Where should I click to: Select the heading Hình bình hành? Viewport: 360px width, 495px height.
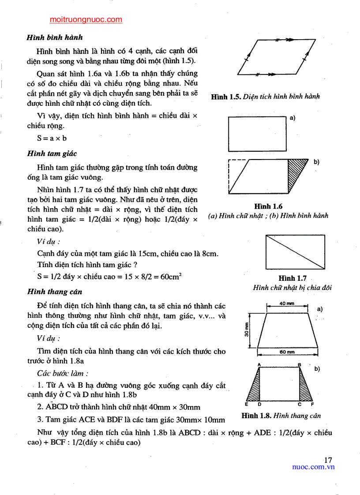coord(55,38)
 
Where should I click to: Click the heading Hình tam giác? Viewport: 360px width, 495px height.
coord(52,154)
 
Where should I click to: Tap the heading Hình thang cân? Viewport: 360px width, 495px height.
coord(54,292)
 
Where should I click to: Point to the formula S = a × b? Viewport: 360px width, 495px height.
coord(52,138)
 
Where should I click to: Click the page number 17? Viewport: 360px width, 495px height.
coord(328,460)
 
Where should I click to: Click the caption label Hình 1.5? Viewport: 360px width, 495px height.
coord(225,97)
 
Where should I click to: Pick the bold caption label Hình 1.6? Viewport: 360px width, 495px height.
coord(268,206)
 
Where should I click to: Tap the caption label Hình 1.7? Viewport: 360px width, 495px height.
coord(292,278)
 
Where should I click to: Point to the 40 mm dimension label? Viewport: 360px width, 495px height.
coord(287,303)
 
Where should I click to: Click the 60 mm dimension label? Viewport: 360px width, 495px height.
coord(287,352)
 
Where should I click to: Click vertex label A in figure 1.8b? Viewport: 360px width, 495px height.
coord(259,365)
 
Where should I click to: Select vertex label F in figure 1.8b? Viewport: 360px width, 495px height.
coord(312,404)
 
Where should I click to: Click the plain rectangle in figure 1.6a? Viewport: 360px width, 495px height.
coord(257,134)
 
